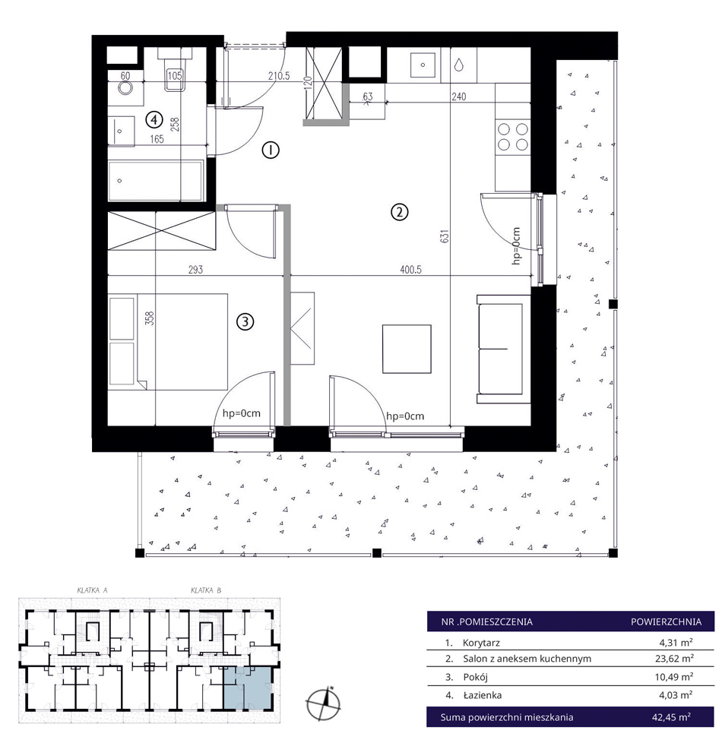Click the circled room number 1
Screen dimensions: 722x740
(x=271, y=150)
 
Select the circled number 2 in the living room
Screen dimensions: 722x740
(x=400, y=212)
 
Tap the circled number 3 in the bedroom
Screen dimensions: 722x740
(x=245, y=322)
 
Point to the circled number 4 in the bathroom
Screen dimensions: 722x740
(x=154, y=119)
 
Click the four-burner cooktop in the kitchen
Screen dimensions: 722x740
(x=513, y=137)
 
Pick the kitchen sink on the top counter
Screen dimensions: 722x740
(x=423, y=65)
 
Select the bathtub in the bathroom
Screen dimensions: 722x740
(x=156, y=181)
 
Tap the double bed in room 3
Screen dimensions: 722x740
(x=168, y=342)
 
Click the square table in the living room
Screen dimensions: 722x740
(x=407, y=349)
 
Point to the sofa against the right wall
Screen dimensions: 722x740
(x=504, y=349)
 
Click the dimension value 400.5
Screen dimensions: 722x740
(x=411, y=270)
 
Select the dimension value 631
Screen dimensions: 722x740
(x=445, y=236)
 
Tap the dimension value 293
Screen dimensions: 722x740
(x=195, y=270)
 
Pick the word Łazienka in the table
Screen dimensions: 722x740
(x=482, y=694)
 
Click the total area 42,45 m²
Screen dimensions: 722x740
(x=672, y=717)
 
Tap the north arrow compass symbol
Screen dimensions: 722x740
(x=324, y=702)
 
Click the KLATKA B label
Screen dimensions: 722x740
(x=206, y=590)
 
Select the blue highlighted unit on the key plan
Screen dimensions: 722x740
(x=248, y=688)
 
